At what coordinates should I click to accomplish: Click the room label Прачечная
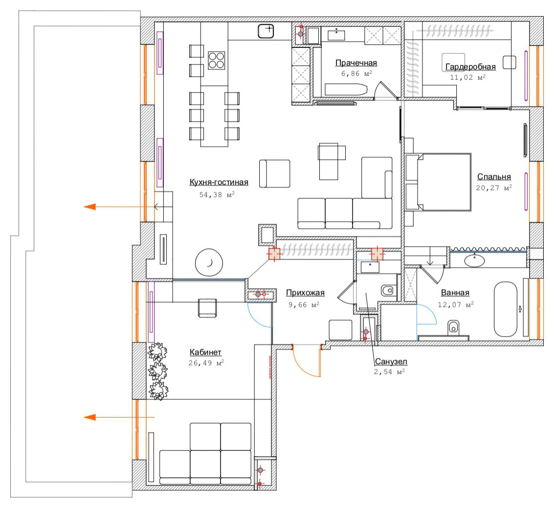[x=356, y=63]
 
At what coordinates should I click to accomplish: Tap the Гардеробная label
[x=470, y=66]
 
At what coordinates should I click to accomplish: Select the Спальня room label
[x=494, y=176]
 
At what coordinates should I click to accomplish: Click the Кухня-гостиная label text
[x=219, y=182]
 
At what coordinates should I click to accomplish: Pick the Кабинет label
[x=205, y=352]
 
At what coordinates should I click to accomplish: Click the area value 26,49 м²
[x=206, y=363]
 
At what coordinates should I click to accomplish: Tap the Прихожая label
[x=305, y=293]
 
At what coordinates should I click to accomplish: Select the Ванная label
[x=455, y=293]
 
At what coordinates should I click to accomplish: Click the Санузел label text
[x=391, y=361]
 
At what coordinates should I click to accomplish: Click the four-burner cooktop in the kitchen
[x=216, y=60]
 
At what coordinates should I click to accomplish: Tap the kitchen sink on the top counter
[x=266, y=31]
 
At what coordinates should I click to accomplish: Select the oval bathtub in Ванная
[x=506, y=309]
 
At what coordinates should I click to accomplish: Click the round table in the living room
[x=209, y=262]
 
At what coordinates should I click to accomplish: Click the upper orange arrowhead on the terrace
[x=89, y=207]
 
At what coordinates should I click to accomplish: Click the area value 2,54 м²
[x=389, y=372]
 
